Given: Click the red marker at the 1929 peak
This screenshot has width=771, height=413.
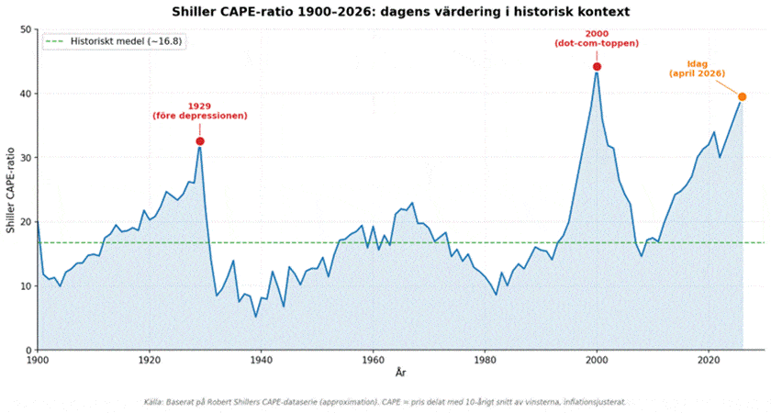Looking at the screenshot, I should coord(199,141).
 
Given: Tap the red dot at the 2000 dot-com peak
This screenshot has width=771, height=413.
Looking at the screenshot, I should coord(597,66).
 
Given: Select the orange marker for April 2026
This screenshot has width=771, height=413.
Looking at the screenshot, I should coord(742,96).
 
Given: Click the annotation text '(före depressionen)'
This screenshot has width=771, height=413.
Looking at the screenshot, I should coord(199,116).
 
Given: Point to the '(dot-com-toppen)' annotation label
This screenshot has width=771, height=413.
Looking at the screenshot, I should coord(597,43).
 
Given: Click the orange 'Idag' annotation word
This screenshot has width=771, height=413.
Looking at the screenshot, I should coord(697,63).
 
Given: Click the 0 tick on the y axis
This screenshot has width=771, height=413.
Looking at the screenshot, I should coord(28,350).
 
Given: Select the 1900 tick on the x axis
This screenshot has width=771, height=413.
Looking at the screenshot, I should coord(38,362).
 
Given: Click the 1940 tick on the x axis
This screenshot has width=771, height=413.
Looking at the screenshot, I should coord(261,362).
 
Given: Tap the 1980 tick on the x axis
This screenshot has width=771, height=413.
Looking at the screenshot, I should coord(485,362).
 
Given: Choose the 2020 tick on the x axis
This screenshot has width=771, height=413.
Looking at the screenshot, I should coord(708,362).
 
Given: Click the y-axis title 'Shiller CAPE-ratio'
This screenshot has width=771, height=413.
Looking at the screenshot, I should coord(10,189).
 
